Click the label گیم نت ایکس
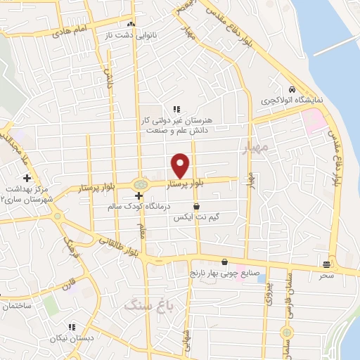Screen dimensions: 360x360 [x=196, y=219]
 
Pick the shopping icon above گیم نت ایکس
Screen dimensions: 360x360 [x=196, y=207]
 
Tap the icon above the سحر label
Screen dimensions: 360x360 [x=327, y=265]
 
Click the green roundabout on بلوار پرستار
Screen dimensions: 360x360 [x=141, y=185]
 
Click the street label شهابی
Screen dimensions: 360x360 [x=187, y=340]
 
